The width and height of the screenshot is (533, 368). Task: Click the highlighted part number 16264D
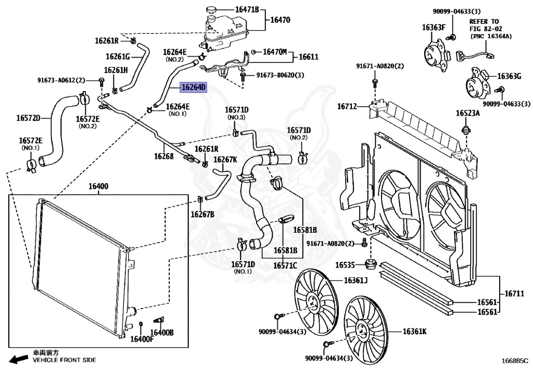[194, 87]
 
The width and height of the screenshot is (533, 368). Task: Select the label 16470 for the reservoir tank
[280, 20]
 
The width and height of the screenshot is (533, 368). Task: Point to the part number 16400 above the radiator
[98, 186]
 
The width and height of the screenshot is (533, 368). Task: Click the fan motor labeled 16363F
[436, 54]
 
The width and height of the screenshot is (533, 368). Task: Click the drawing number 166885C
[515, 360]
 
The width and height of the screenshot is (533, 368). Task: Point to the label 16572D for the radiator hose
[28, 118]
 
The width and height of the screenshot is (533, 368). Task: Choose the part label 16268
[163, 156]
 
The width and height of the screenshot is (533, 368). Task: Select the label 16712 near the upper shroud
[347, 106]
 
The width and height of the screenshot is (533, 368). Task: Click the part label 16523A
[468, 113]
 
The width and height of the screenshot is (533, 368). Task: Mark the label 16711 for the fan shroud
[514, 293]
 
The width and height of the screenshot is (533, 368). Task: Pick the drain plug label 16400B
[162, 333]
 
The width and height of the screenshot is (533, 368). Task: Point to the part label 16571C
[285, 265]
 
